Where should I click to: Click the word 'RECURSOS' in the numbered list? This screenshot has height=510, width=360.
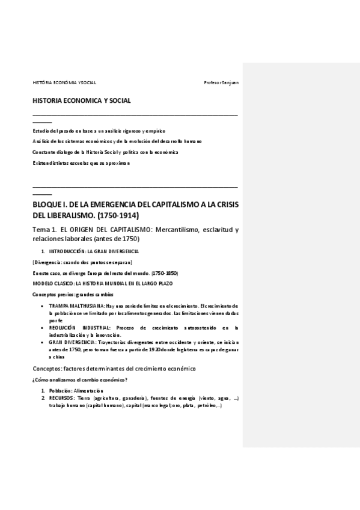62,398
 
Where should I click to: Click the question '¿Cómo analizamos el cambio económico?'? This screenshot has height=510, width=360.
79,379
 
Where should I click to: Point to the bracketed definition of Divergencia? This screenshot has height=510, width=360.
82,262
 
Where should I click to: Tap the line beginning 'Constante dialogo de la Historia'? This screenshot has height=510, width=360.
105,152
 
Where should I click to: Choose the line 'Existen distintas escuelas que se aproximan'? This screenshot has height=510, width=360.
81,162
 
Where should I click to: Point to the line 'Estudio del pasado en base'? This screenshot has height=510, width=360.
99,131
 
